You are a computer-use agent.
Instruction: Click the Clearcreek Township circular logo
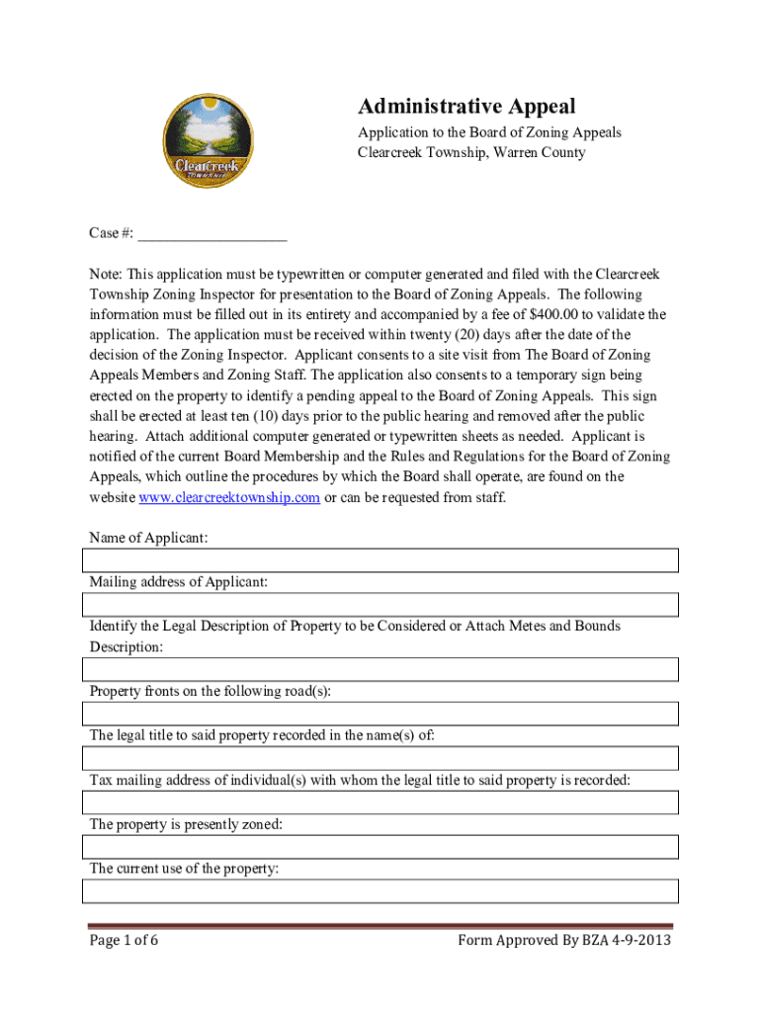tap(206, 142)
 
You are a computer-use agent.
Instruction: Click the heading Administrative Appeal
tap(466, 107)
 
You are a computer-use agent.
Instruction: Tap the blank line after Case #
tap(212, 233)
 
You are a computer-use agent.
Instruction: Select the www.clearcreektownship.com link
tap(229, 497)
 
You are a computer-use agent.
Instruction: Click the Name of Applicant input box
tap(380, 560)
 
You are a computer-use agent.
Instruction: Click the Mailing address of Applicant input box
tap(380, 605)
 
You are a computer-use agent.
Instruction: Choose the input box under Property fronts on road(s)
tap(380, 714)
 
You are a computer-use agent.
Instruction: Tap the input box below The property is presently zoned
tap(380, 847)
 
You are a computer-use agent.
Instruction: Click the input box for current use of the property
tap(380, 891)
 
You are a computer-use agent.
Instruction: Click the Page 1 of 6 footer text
tap(125, 940)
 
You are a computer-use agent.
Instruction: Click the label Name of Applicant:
tap(148, 538)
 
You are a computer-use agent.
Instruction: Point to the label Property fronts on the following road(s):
tap(210, 691)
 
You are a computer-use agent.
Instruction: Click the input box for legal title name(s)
tap(380, 758)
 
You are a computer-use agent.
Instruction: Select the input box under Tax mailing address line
tap(380, 802)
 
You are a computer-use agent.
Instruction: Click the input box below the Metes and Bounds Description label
tap(380, 669)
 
